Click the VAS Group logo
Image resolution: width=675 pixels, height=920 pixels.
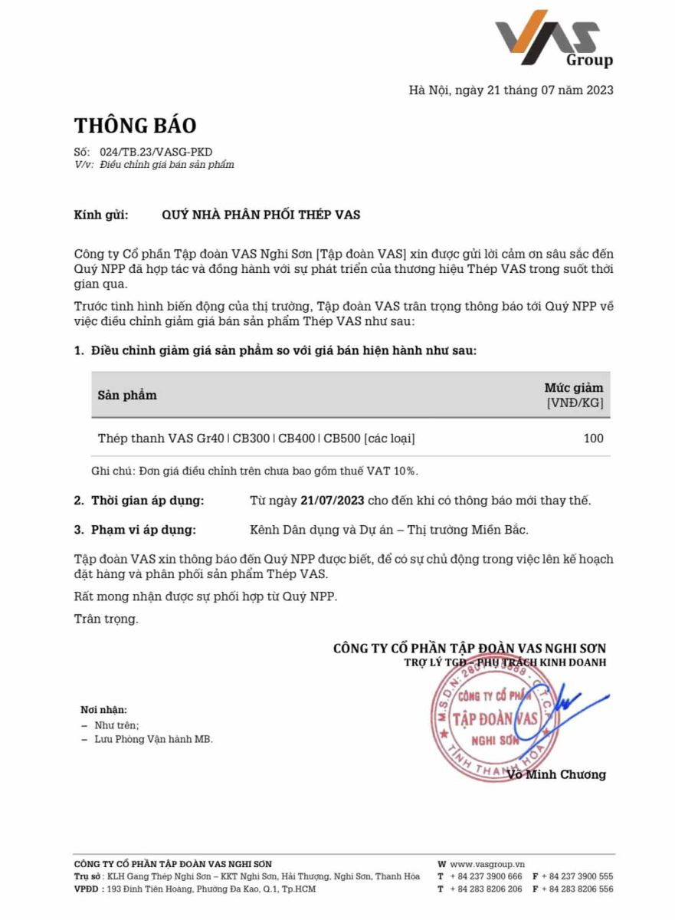tap(554, 38)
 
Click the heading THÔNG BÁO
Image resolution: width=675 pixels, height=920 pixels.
tap(135, 125)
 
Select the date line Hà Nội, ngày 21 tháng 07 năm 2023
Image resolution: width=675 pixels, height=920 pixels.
tap(511, 90)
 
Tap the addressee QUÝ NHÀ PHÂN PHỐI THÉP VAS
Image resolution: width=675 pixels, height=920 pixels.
tap(260, 215)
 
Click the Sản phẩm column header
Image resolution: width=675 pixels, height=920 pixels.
tap(127, 395)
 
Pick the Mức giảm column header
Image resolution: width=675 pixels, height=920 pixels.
tap(573, 394)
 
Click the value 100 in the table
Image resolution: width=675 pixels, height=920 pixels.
tap(593, 439)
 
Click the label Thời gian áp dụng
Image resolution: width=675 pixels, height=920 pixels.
tap(148, 501)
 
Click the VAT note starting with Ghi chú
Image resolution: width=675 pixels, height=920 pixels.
tap(254, 470)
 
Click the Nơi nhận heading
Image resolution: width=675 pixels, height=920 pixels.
tap(104, 710)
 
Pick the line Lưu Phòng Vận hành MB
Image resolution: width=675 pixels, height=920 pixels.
tap(153, 739)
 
